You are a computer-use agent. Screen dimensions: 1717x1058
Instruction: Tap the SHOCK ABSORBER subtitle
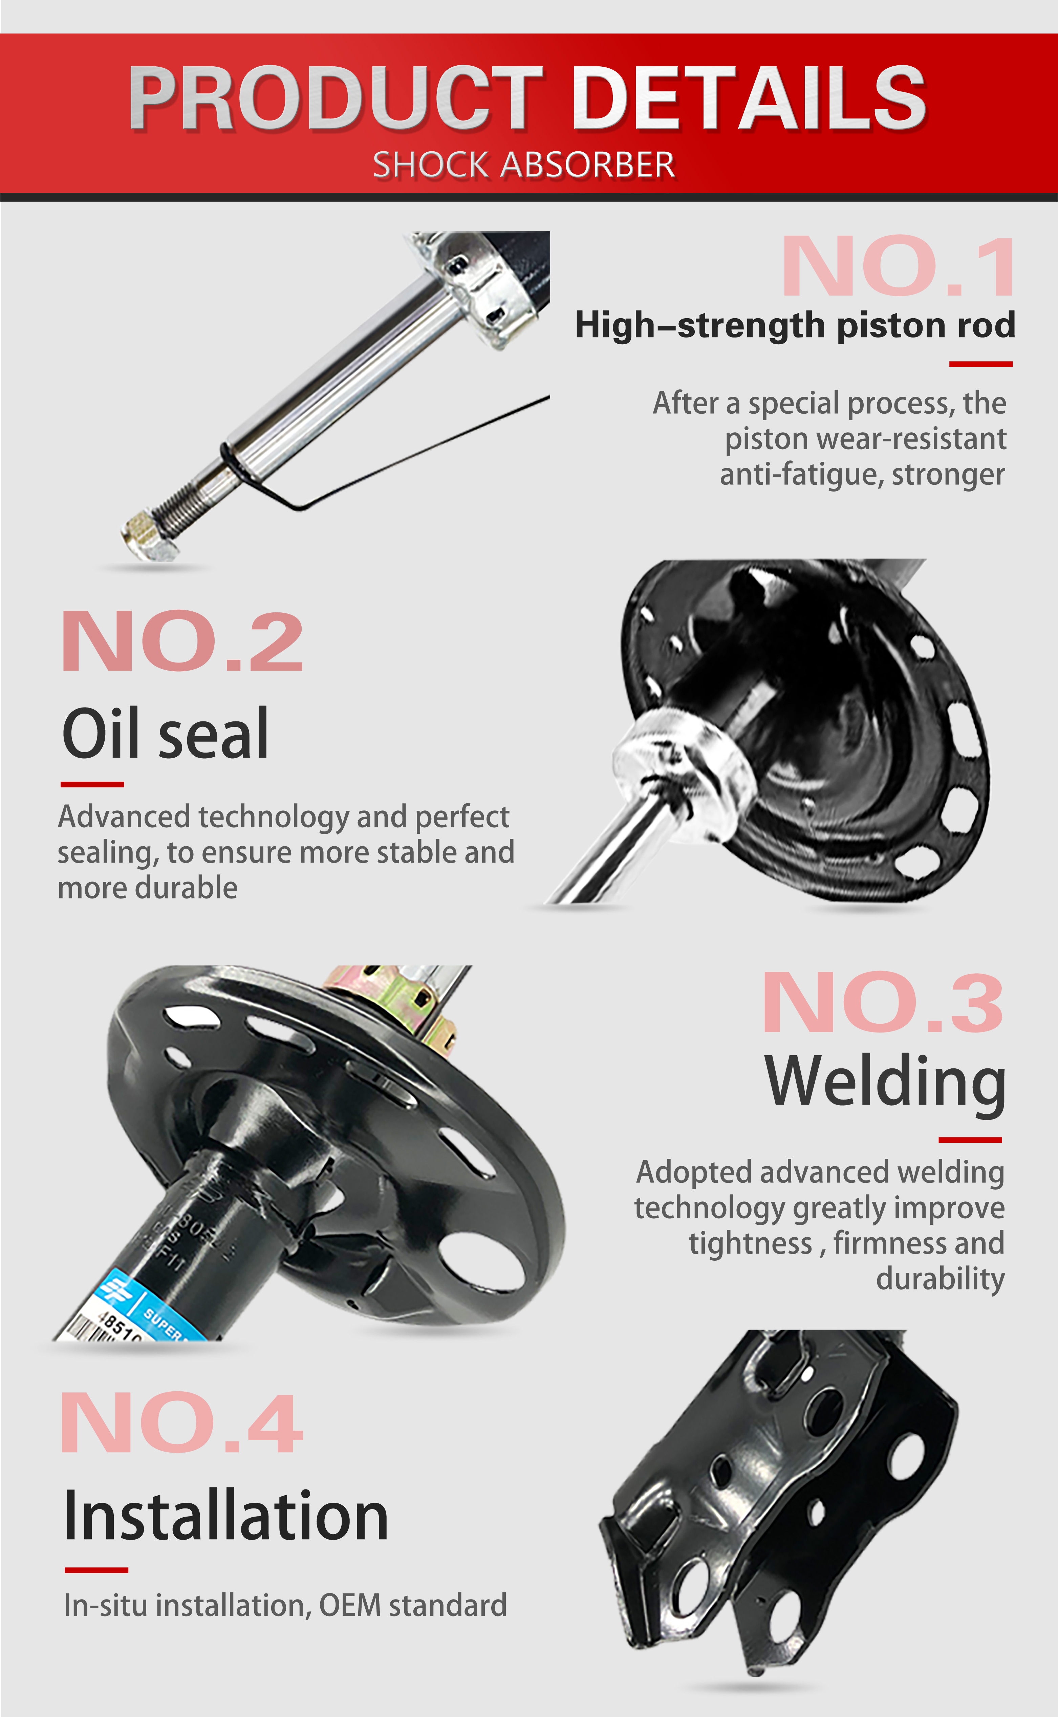[x=523, y=165]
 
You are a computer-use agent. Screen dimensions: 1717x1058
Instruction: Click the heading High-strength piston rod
[x=794, y=325]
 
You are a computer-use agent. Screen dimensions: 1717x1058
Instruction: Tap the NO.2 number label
[x=182, y=642]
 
